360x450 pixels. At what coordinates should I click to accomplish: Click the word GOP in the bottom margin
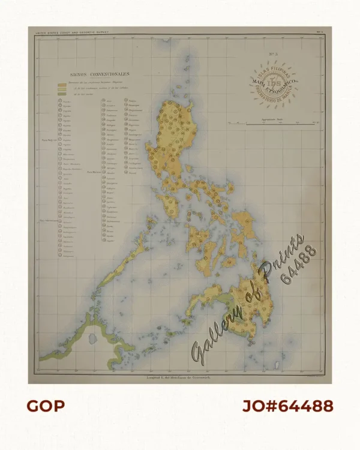pyautogui.click(x=46, y=406)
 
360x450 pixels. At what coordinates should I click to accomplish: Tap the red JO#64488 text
pyautogui.click(x=287, y=406)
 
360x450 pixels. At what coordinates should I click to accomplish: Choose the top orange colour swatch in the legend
pyautogui.click(x=61, y=84)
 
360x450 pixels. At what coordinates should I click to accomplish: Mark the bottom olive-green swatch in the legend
pyautogui.click(x=61, y=94)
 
